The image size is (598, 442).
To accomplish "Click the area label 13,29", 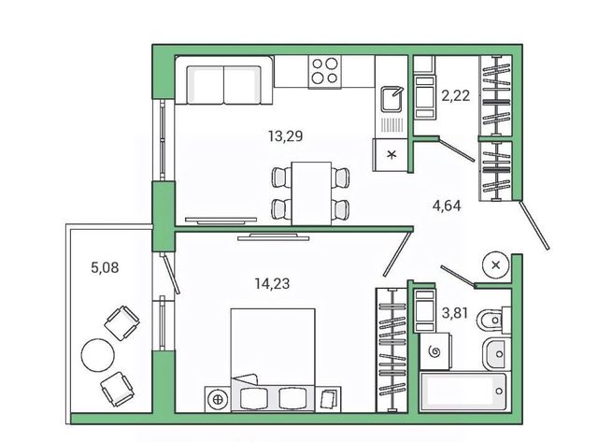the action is coord(285,135).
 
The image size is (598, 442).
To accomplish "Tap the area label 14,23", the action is coord(272,283).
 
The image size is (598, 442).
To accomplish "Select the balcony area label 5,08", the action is coord(105,267).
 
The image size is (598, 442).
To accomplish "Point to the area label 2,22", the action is coord(455,95).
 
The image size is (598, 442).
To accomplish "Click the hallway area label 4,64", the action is coord(447,206).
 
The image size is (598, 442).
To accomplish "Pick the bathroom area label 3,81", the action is coord(455,313).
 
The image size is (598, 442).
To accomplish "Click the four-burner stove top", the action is coord(325,72).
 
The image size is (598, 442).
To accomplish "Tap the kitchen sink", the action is coord(392,99).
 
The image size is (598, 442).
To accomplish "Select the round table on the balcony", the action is coord(97,355).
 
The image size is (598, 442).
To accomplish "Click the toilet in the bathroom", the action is coord(493,321).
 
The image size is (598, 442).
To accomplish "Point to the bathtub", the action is coord(463,392).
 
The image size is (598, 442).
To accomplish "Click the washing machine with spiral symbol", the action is coord(435,351).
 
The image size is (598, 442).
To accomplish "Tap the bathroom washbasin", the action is coord(496,354).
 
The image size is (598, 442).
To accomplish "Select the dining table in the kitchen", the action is coord(311,193).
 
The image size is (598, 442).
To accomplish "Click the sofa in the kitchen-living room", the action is coord(224,80).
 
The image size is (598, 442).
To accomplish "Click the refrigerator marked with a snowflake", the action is coord(391,154).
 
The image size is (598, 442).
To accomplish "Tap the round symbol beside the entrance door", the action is coord(496,264).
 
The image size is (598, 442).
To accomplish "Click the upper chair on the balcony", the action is coord(121,322).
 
